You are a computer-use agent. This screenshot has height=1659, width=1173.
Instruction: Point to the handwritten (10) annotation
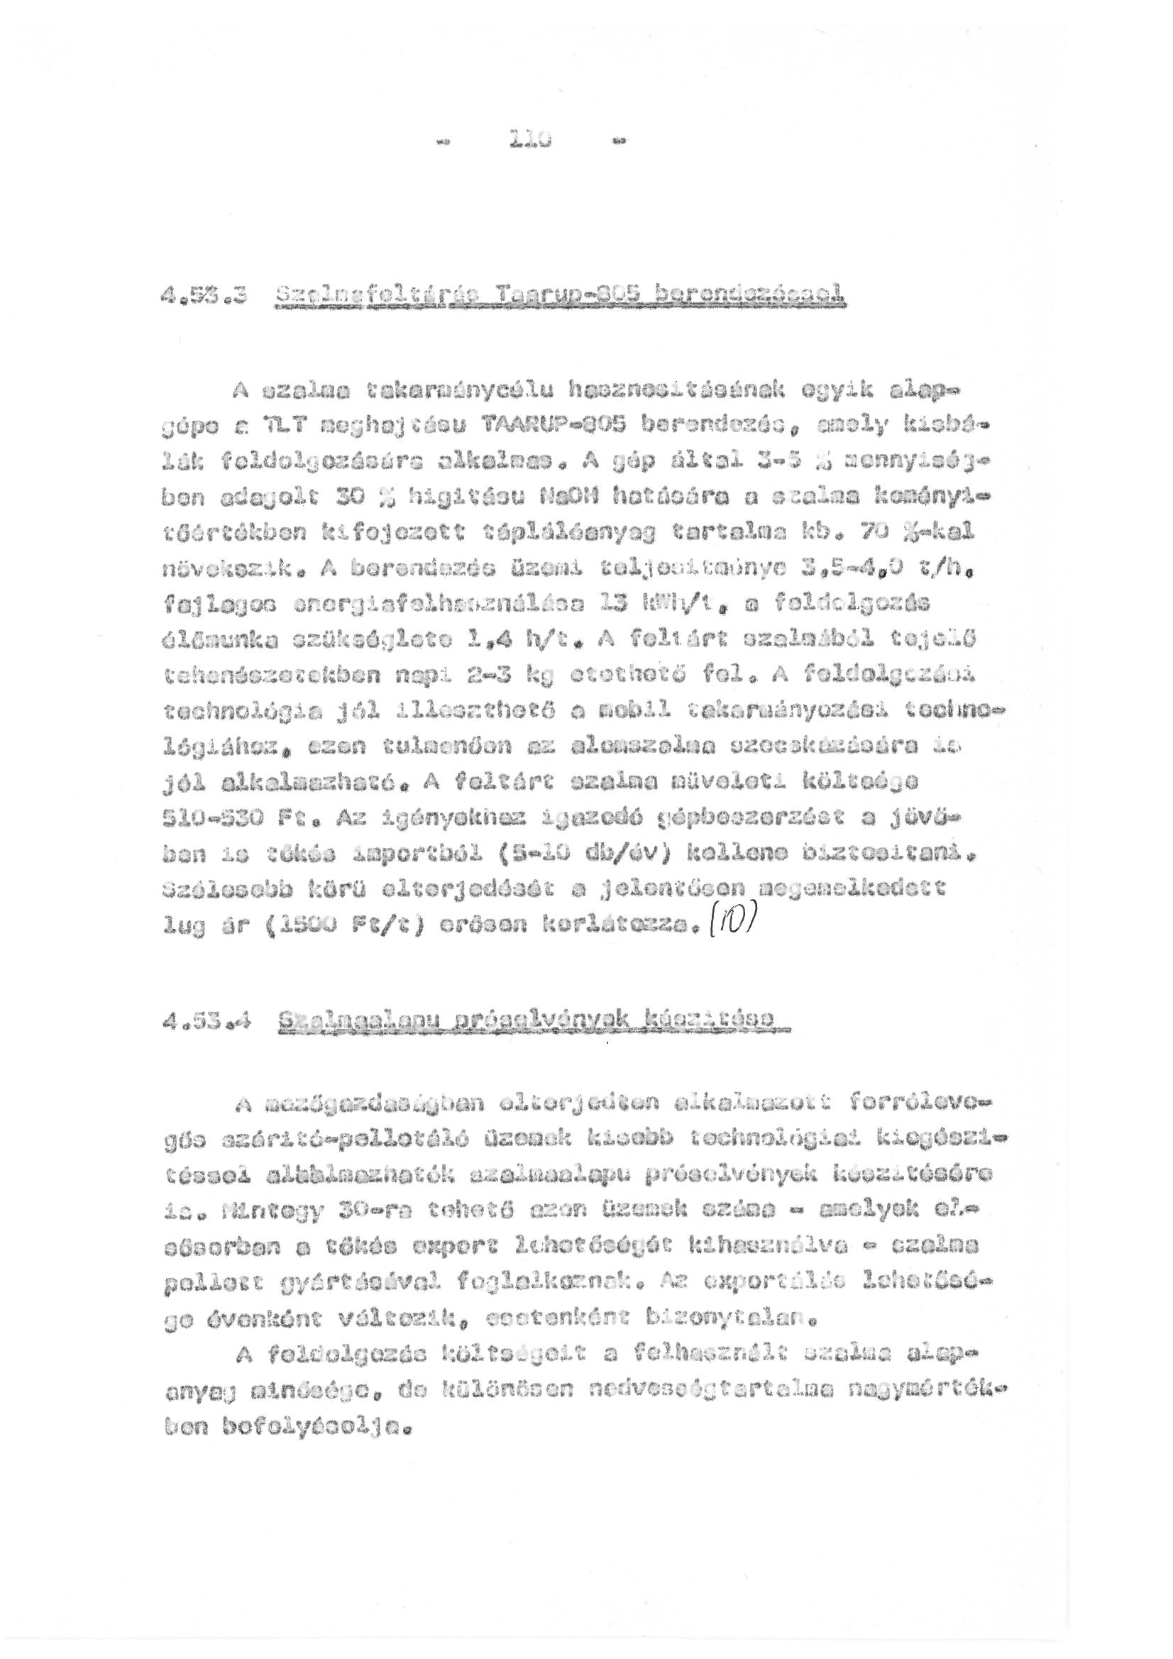(x=734, y=920)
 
